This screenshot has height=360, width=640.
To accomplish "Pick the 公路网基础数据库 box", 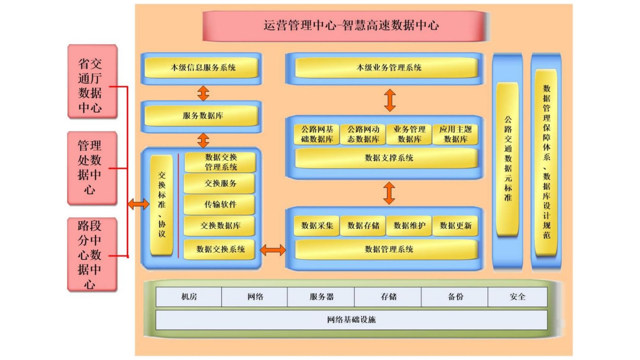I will (317, 134).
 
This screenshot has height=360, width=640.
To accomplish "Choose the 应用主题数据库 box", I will (455, 134).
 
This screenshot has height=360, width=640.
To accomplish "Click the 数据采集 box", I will (317, 226).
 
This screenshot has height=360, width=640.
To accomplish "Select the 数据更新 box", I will (455, 226).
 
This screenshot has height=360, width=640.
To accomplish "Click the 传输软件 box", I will (220, 204).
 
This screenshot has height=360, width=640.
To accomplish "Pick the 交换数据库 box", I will (220, 226).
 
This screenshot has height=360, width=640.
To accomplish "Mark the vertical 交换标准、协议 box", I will (162, 205).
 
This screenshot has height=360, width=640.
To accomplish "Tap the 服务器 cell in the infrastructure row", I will (321, 297).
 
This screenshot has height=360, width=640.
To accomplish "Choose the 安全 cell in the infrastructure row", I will (517, 297).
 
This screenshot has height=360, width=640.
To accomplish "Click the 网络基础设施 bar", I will (351, 320).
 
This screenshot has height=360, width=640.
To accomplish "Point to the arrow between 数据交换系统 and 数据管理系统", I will (273, 250).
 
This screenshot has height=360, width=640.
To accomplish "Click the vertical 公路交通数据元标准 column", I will (507, 159).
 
